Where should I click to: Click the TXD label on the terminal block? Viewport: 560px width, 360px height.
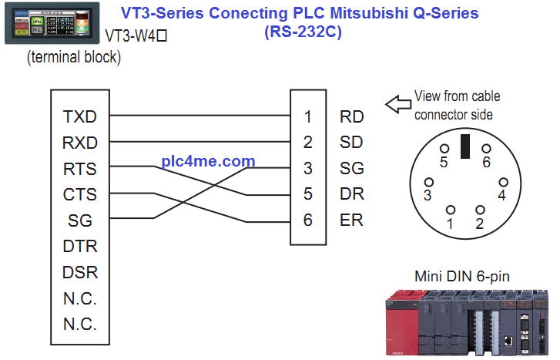point(79,117)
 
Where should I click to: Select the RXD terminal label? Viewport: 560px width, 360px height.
point(80,143)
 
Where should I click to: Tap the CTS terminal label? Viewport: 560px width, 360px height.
point(80,194)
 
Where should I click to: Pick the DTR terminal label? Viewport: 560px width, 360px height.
point(80,247)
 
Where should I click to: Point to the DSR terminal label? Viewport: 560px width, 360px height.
point(80,272)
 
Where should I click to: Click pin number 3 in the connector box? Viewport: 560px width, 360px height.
point(308,168)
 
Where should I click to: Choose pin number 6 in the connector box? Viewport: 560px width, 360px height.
point(308,220)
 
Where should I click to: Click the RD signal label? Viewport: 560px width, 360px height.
point(351,117)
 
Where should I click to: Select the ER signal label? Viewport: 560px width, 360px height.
point(351,220)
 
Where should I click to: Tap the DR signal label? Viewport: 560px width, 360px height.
point(351,194)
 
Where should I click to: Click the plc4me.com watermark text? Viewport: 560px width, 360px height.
point(209,161)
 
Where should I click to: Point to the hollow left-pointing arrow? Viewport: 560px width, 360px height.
point(397,103)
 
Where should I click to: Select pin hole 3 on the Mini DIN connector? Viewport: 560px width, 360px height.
point(428,182)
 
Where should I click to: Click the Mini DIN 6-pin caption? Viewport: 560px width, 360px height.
point(462,275)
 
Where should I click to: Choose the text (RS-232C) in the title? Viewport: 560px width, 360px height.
point(303,32)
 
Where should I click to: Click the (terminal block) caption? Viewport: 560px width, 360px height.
point(74,57)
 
